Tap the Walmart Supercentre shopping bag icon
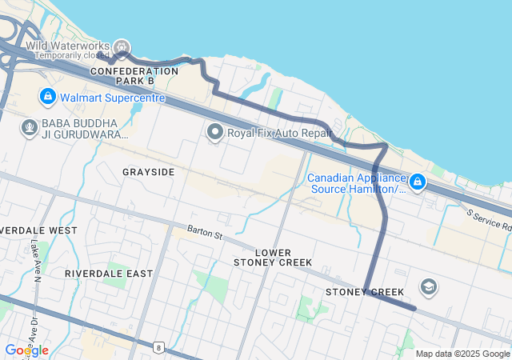(47, 98)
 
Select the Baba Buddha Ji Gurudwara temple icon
(30, 128)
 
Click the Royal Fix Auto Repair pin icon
(214, 132)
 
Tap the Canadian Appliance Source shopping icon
(418, 183)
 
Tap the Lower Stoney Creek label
(274, 257)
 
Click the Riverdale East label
(109, 274)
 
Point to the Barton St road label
(204, 233)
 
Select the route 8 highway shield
(159, 346)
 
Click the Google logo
(26, 350)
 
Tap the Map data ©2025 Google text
(462, 354)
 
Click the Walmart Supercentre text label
(112, 98)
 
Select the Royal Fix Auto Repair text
(278, 133)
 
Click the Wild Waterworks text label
(68, 46)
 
